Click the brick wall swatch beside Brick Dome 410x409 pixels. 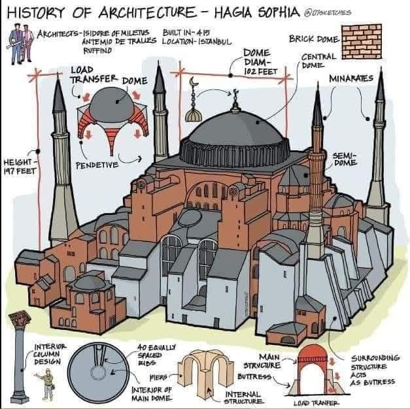click(361, 41)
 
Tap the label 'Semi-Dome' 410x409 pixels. click(345, 159)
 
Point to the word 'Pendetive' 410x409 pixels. click(97, 165)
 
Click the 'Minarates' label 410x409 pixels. click(351, 78)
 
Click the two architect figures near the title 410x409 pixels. click(20, 44)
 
